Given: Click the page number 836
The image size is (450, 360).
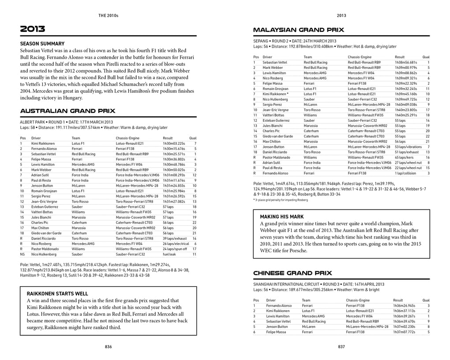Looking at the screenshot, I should tap(108, 347).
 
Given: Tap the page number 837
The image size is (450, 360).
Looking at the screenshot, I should tap(341, 347).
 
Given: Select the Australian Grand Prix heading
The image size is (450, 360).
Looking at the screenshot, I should tap(67, 111).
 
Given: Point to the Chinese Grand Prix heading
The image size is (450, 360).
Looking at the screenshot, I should tap(292, 273).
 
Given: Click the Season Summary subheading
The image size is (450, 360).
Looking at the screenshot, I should tap(42, 44).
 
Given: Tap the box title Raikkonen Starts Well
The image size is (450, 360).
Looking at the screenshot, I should tap(57, 293).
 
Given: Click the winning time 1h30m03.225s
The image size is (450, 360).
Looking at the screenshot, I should tap(174, 143).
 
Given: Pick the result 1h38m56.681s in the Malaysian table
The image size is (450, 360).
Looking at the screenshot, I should tap(406, 63).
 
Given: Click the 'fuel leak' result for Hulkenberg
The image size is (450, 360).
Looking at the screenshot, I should tap(170, 255).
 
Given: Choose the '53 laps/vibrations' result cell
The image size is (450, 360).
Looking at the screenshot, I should tap(408, 147).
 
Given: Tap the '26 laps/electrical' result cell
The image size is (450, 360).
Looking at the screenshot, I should tap(176, 244).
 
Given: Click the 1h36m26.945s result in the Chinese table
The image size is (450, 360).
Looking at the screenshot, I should tap(404, 306).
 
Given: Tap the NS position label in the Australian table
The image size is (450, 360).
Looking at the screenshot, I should tap(22, 255).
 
